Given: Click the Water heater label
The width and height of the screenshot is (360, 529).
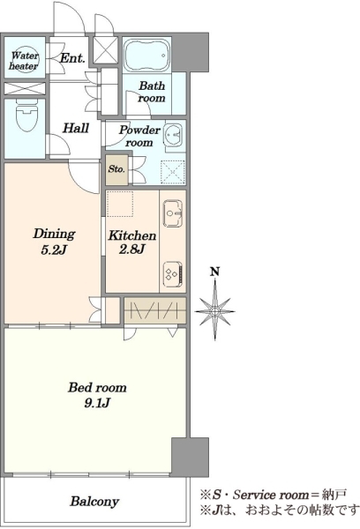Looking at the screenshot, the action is coord(24,60).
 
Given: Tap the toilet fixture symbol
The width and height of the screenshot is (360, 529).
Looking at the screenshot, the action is coord(26,115).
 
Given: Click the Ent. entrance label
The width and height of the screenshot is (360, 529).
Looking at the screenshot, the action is coord(72,58).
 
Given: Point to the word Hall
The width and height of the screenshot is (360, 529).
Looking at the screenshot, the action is coord(76,128).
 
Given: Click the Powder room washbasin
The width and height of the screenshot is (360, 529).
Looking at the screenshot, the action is coord(174,134).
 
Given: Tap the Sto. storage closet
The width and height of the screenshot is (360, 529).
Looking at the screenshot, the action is coord(116,169).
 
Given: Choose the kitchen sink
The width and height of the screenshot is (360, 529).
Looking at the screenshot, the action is coord(173,213).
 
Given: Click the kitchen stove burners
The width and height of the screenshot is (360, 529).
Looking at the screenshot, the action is coord(174,272).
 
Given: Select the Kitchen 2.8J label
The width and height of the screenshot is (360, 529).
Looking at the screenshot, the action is coord(132,242).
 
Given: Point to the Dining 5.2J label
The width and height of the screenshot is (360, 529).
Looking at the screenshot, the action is coord(54,242).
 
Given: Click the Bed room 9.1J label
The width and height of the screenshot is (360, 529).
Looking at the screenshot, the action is coord(97,394).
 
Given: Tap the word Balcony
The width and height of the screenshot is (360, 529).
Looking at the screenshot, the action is coord(94,502).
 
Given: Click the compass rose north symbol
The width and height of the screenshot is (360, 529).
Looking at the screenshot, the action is coord(214,310).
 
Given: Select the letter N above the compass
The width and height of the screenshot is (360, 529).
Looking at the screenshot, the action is coord(214,272).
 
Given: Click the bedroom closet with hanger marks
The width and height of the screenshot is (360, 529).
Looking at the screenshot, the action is coord(155,310).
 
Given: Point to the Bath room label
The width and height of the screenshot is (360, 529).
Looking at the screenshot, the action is coord(152,92).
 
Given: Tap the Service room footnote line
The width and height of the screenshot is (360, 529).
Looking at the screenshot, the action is coord(274,495).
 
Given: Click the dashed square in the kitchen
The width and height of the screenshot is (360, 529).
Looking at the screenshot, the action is coord(120,204).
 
